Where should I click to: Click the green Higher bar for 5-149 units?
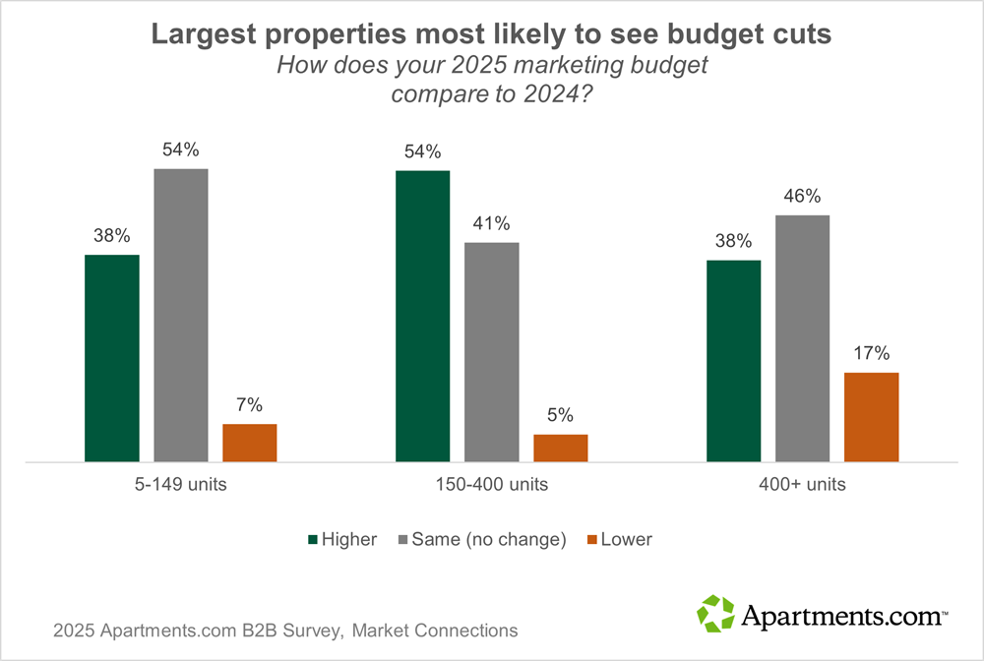pos(112,358)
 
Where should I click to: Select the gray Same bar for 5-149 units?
pos(181,315)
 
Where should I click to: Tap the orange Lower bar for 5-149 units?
pos(250,443)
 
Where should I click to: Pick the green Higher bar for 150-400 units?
pos(423,316)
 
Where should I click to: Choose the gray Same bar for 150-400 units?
pos(492,351)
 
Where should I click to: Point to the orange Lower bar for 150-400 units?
pos(561,448)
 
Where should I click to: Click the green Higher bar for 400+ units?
pos(734,361)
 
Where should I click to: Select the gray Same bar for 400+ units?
pos(803,338)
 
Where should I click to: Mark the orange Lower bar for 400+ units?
pos(872,417)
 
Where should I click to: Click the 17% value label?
pos(872,353)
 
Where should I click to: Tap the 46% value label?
pos(803,196)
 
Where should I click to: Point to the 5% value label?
pos(561,415)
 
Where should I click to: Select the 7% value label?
pos(250,404)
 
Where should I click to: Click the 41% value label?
pos(492,223)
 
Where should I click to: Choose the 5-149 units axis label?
pos(181,485)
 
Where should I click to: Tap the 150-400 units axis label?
pos(492,485)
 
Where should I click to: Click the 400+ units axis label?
pos(803,485)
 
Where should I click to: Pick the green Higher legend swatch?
pos(314,539)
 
